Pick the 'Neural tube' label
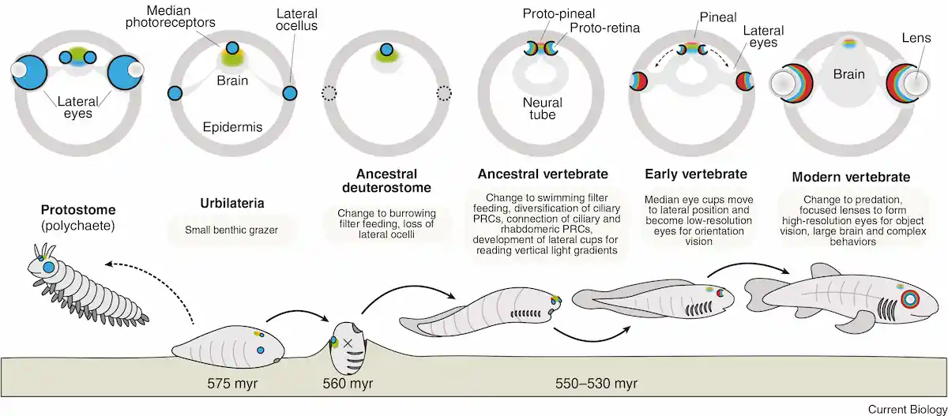point(543,108)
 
